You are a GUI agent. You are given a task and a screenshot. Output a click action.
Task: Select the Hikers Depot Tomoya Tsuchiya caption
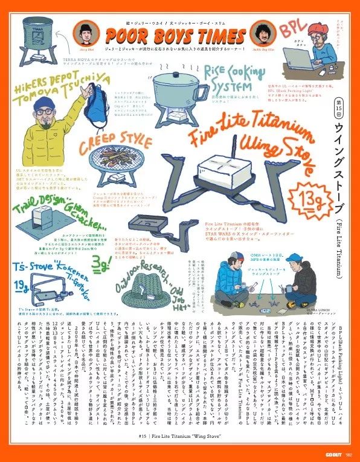pos(54,86)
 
